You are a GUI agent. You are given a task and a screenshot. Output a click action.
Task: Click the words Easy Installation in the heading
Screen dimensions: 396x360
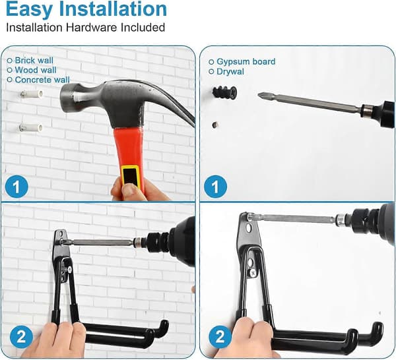coord(86,9)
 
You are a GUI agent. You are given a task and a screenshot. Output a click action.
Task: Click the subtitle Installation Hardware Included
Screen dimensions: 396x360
coord(86,28)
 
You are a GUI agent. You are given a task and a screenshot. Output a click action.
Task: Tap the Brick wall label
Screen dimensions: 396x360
coord(34,61)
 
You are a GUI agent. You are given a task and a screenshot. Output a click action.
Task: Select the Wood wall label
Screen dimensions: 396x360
coord(36,70)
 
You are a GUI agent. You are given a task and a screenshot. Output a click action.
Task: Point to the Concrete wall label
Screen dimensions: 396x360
coord(42,80)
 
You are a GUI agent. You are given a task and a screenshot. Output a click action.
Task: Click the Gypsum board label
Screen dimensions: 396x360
coord(246,62)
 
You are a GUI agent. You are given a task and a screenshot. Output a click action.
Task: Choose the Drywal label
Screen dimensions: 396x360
coord(230,72)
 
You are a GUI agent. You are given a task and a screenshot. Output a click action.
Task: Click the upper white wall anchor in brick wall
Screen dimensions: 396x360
coord(32,94)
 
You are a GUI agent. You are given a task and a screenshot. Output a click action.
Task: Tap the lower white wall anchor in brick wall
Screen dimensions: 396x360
coord(31,128)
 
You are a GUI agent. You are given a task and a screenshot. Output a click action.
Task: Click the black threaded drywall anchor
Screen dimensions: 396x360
coord(224,92)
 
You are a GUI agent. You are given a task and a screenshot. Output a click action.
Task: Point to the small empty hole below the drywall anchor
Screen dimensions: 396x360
coord(215,125)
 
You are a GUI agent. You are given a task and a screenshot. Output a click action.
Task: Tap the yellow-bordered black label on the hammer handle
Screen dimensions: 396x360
coord(130,175)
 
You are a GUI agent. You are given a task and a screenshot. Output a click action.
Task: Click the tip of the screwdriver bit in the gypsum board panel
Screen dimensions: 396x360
coord(258,94)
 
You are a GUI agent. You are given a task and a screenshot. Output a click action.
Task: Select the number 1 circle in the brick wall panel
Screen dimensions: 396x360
coord(16,187)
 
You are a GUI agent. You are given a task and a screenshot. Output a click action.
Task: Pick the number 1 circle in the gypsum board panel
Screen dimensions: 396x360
coord(215,187)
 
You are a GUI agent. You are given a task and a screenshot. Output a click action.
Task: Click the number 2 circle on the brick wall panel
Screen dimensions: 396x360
coord(22,336)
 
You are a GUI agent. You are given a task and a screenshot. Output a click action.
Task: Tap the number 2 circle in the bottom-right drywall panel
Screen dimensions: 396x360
coord(220,336)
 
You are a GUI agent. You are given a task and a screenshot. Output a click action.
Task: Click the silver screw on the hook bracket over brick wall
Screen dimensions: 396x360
coord(69,270)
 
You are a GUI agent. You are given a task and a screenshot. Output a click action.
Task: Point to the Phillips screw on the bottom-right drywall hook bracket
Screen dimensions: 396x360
coord(253,272)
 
